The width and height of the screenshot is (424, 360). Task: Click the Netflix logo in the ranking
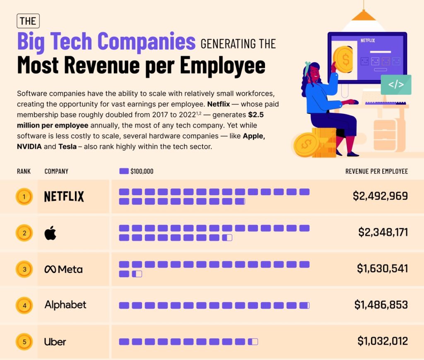pos(64,196)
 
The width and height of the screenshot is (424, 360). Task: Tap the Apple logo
pos(50,233)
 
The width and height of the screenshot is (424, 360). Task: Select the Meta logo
pos(63,269)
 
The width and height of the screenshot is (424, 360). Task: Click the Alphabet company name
pos(65,305)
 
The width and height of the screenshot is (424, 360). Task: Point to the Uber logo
pos(55,342)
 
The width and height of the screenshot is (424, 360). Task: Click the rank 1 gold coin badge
pos(24,196)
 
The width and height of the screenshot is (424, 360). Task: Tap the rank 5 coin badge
pos(24,342)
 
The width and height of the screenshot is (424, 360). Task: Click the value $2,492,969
pos(380,196)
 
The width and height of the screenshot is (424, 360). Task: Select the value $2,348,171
pos(383,232)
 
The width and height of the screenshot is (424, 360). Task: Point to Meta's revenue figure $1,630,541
pos(382,268)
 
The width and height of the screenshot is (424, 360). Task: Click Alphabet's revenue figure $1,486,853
pos(381,305)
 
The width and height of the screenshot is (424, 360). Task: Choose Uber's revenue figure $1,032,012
pos(383,341)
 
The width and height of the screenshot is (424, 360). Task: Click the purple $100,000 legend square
pos(124,171)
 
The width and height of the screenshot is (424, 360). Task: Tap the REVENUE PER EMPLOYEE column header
pos(376,171)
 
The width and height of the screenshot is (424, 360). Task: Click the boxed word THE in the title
pos(29,21)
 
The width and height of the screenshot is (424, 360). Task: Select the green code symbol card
pos(396,85)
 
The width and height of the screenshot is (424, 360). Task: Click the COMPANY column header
pos(56,171)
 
